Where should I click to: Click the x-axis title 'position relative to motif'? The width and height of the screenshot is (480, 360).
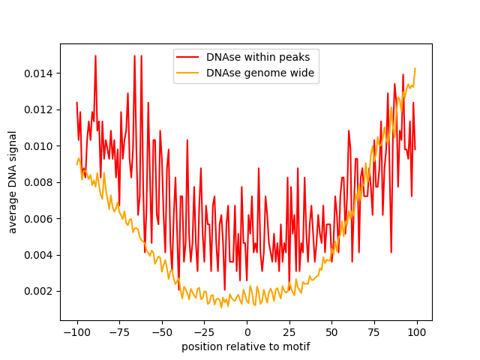[246, 346]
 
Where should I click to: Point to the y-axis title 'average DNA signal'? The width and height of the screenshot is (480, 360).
[13, 181]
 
